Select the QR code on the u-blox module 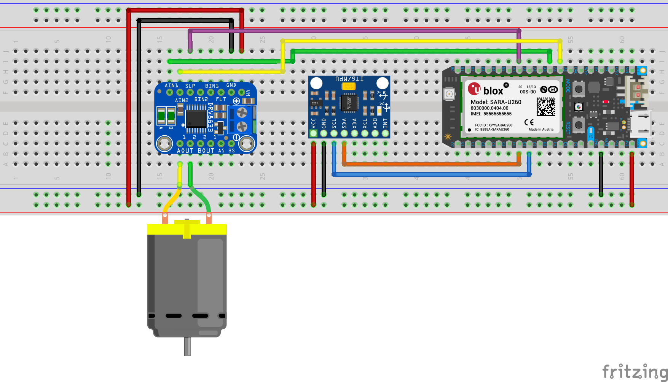tap(546, 107)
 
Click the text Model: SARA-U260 tap(496, 102)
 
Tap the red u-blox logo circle tap(474, 89)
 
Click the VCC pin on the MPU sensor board tap(313, 133)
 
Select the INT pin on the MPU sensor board tap(385, 133)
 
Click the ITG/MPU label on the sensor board tap(349, 79)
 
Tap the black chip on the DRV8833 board tap(196, 119)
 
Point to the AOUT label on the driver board tap(185, 151)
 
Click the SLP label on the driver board tap(190, 86)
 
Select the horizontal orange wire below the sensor tap(430, 165)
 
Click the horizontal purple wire tap(354, 30)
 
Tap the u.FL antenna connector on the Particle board tap(449, 94)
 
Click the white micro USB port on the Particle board tap(640, 124)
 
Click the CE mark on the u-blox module tap(529, 122)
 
